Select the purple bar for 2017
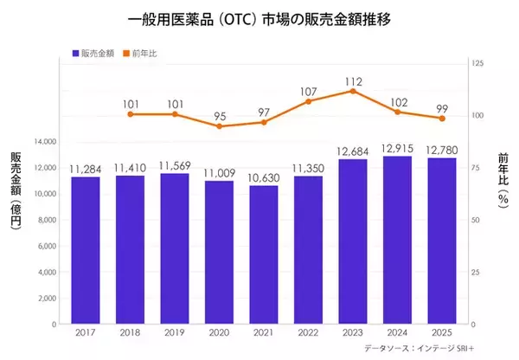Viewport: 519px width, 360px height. [85, 251]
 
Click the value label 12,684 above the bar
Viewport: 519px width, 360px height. [353, 152]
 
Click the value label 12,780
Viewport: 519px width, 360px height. [443, 151]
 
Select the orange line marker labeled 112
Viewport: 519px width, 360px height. [353, 91]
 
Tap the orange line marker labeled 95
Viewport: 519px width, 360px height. [219, 126]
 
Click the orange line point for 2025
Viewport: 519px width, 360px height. [443, 119]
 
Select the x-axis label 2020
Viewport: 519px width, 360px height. [219, 333]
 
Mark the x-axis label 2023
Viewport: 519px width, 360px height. [353, 333]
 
